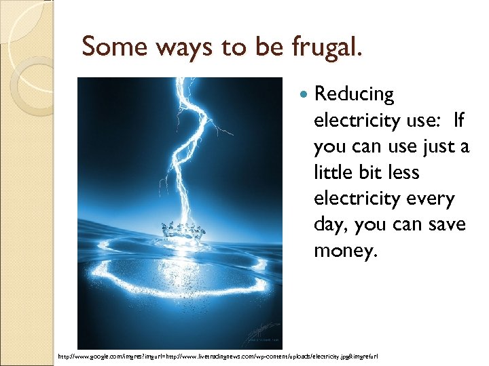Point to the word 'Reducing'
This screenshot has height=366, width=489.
tap(353, 94)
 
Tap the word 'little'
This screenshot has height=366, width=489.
tap(332, 172)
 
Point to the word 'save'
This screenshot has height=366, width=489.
tap(443, 224)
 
